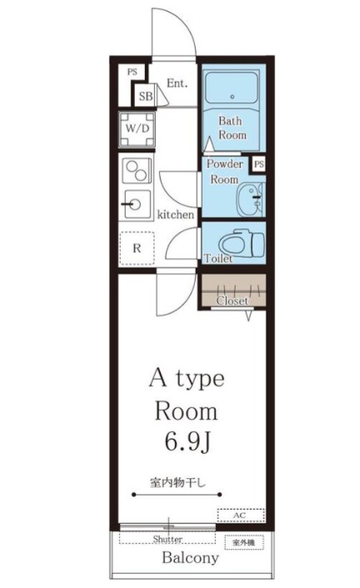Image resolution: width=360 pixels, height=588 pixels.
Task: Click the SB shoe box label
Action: [x=145, y=97]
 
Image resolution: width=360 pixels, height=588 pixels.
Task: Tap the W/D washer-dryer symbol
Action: [x=137, y=129]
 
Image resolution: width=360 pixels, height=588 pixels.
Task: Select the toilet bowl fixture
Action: [x=242, y=242]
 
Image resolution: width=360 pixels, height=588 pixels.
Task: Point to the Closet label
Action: [x=232, y=301]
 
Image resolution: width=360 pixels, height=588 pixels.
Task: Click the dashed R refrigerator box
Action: [x=137, y=248]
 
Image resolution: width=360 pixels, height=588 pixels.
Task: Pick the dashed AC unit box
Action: [x=241, y=516]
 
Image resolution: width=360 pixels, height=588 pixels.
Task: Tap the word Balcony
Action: [x=190, y=558]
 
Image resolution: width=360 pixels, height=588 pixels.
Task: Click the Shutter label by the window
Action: [x=167, y=539]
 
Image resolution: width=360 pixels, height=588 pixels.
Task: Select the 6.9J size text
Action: [x=187, y=442]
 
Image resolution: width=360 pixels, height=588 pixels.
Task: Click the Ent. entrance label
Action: [x=177, y=83]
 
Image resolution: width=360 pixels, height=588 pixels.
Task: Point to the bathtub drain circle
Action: [x=232, y=97]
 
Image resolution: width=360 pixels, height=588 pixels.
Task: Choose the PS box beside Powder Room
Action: [x=259, y=164]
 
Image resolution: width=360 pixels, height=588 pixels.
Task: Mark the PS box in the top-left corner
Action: [x=132, y=72]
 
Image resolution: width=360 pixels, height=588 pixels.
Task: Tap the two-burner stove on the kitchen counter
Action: [x=137, y=170]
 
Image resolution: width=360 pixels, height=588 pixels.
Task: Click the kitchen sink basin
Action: [x=137, y=204]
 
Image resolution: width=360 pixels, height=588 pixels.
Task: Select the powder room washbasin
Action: [x=251, y=200]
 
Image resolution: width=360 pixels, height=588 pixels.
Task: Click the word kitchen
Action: [x=176, y=215]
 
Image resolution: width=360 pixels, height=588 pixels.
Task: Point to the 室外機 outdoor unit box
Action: [x=244, y=543]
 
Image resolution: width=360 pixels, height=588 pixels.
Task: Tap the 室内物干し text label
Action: [x=178, y=482]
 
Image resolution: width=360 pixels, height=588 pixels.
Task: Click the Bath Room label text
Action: [x=232, y=128]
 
